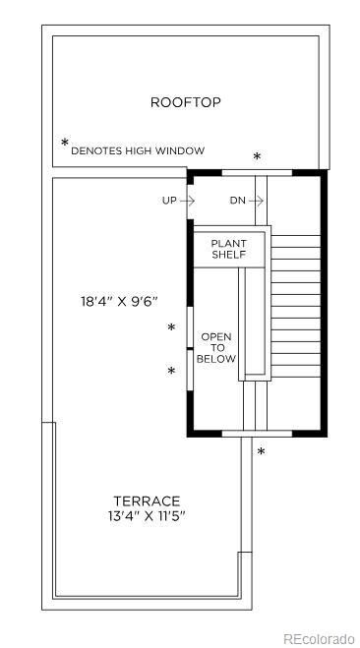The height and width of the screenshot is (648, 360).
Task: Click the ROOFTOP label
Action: [185, 102]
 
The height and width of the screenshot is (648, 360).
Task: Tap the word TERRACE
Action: [147, 501]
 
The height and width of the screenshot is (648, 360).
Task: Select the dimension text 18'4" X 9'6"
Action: [119, 301]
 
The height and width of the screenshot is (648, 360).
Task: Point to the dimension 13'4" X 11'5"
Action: [147, 516]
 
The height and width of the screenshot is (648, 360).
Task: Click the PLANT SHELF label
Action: [229, 249]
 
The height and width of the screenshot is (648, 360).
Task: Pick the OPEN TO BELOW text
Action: [216, 348]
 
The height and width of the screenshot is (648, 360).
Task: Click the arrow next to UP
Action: [188, 201]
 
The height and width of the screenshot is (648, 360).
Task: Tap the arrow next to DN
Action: [257, 201]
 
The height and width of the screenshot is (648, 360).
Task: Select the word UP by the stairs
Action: [169, 201]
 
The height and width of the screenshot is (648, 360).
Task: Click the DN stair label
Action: [238, 201]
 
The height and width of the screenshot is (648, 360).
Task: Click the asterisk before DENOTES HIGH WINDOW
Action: [65, 143]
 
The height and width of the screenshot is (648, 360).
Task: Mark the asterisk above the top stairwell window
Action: [257, 156]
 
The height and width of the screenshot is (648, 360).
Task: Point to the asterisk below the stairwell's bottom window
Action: [261, 451]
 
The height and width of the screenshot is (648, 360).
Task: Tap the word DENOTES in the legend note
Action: [96, 150]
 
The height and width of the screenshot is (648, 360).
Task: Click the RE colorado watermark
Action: [319, 638]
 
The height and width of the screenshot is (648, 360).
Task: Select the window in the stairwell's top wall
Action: [257, 173]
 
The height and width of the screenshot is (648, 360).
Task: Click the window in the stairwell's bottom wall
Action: [257, 434]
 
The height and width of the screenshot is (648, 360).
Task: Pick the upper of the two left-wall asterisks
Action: [171, 327]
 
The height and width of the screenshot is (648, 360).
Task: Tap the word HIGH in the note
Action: [139, 150]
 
